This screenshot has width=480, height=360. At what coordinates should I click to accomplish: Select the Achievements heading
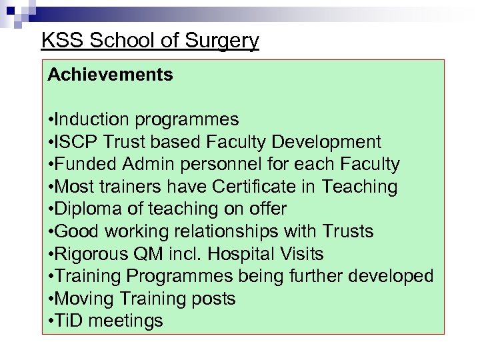tap(111, 75)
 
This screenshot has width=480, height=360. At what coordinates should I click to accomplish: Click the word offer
tap(267, 209)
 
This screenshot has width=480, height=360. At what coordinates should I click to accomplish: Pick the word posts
tap(213, 299)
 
